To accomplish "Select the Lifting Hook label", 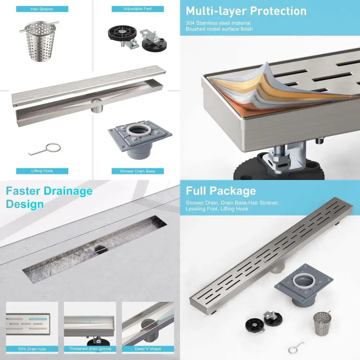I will tap(42, 171).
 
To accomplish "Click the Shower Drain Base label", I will tap(138, 171).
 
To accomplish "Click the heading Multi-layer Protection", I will tap(246, 11).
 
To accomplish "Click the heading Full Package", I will tap(221, 191).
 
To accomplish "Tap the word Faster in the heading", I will tap(25, 191).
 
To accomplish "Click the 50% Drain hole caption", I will tap(32, 349).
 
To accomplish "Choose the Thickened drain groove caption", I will tap(90, 349).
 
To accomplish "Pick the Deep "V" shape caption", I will tap(148, 349).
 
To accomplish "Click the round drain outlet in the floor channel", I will tap(99, 248).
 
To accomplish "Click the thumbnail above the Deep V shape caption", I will tap(148, 323).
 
